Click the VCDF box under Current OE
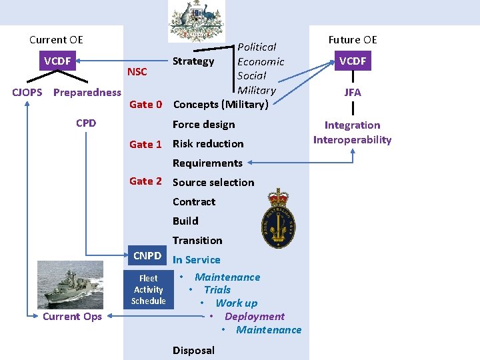click(x=57, y=61)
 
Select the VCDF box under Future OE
click(x=353, y=61)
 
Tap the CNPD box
click(x=147, y=256)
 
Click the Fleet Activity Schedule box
click(x=148, y=289)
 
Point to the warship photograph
click(x=70, y=284)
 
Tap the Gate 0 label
click(x=145, y=104)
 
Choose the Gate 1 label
click(x=145, y=144)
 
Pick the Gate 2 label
click(x=145, y=181)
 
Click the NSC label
click(x=137, y=72)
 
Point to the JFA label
click(x=353, y=93)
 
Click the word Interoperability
click(x=352, y=140)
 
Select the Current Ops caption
click(x=72, y=317)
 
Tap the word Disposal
click(x=193, y=351)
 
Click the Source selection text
click(x=213, y=182)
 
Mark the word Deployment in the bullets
click(x=255, y=317)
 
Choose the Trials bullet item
click(x=217, y=290)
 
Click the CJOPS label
click(x=28, y=93)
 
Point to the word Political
click(x=257, y=47)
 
